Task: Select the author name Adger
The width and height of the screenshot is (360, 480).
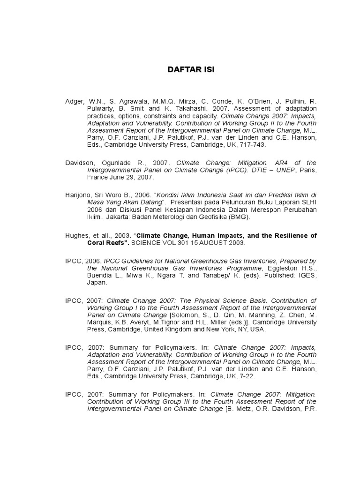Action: coord(75,101)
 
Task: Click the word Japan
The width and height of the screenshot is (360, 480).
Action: coord(97,282)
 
